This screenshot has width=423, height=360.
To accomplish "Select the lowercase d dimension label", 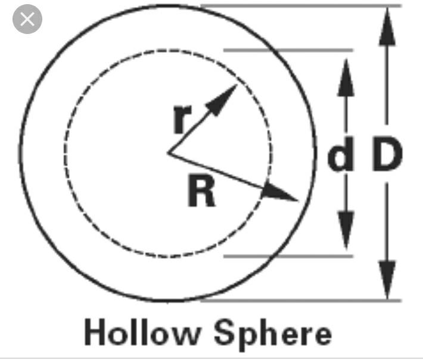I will [x=340, y=156].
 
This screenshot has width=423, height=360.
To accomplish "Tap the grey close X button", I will [x=27, y=20].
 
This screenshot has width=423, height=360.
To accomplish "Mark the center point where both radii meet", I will [x=168, y=153].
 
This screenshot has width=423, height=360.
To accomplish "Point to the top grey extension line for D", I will [x=298, y=7].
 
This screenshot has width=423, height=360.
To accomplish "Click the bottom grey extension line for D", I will [x=298, y=300].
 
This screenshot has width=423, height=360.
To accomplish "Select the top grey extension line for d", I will [x=286, y=51].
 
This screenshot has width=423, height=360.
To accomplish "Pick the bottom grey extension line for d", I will [x=286, y=257].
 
